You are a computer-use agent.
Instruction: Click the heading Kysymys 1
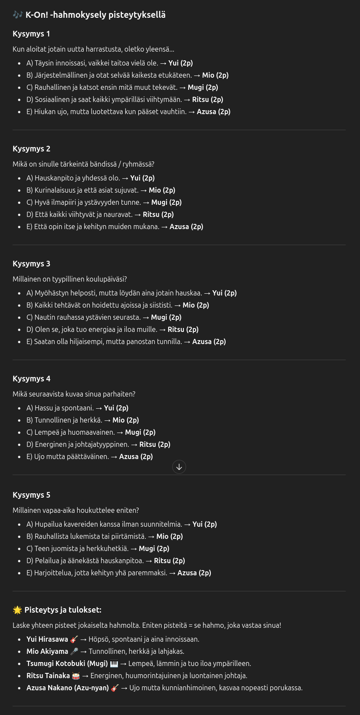point(31,34)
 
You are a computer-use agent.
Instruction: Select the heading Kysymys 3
point(31,264)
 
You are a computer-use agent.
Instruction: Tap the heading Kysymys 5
point(31,495)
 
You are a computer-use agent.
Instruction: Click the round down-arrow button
point(179,467)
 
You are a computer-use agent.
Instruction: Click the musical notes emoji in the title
point(17,15)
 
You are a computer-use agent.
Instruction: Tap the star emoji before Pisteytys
point(17,610)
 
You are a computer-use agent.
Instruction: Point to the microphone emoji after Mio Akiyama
point(74,651)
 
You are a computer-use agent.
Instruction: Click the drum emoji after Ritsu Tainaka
point(76,676)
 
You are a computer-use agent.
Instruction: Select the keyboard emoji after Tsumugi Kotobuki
point(114,663)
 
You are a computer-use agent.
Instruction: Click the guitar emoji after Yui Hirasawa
point(74,639)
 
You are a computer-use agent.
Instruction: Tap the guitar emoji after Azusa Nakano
point(115,688)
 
